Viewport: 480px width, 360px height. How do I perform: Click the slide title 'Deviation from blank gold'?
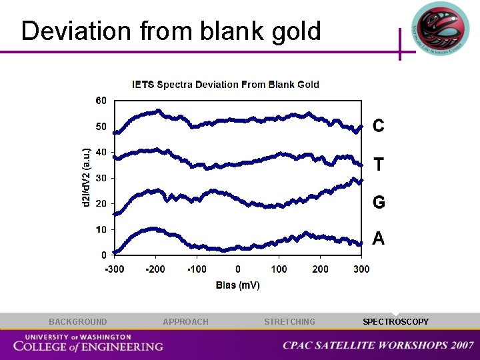click(x=171, y=31)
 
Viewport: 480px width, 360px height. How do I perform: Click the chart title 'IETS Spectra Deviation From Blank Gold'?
click(x=225, y=85)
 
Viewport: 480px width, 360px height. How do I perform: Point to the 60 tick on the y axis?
click(x=101, y=101)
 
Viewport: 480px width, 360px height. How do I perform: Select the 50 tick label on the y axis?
click(x=101, y=127)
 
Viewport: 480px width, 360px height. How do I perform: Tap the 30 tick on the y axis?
click(x=101, y=178)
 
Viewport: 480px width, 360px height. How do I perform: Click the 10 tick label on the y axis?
click(x=101, y=229)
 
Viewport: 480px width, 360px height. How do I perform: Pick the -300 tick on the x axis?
click(x=115, y=269)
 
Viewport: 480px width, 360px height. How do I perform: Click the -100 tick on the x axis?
click(x=197, y=269)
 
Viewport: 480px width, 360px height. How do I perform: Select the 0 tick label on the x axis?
click(x=238, y=269)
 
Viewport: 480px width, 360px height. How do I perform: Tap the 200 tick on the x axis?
click(x=320, y=269)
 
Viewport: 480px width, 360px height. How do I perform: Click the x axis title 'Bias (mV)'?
click(x=238, y=285)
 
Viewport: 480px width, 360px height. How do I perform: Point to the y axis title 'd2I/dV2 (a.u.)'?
click(x=85, y=177)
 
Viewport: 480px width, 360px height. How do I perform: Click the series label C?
click(x=378, y=125)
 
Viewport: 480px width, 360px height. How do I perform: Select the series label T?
click(x=378, y=164)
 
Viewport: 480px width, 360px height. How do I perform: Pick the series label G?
click(x=378, y=203)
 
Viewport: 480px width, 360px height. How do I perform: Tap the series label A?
click(x=378, y=239)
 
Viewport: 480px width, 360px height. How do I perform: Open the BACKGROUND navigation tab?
click(x=77, y=322)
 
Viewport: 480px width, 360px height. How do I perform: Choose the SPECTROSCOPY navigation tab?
click(x=395, y=322)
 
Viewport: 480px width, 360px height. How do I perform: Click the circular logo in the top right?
click(x=439, y=30)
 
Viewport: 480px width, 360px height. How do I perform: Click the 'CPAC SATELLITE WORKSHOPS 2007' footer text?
click(x=378, y=345)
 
